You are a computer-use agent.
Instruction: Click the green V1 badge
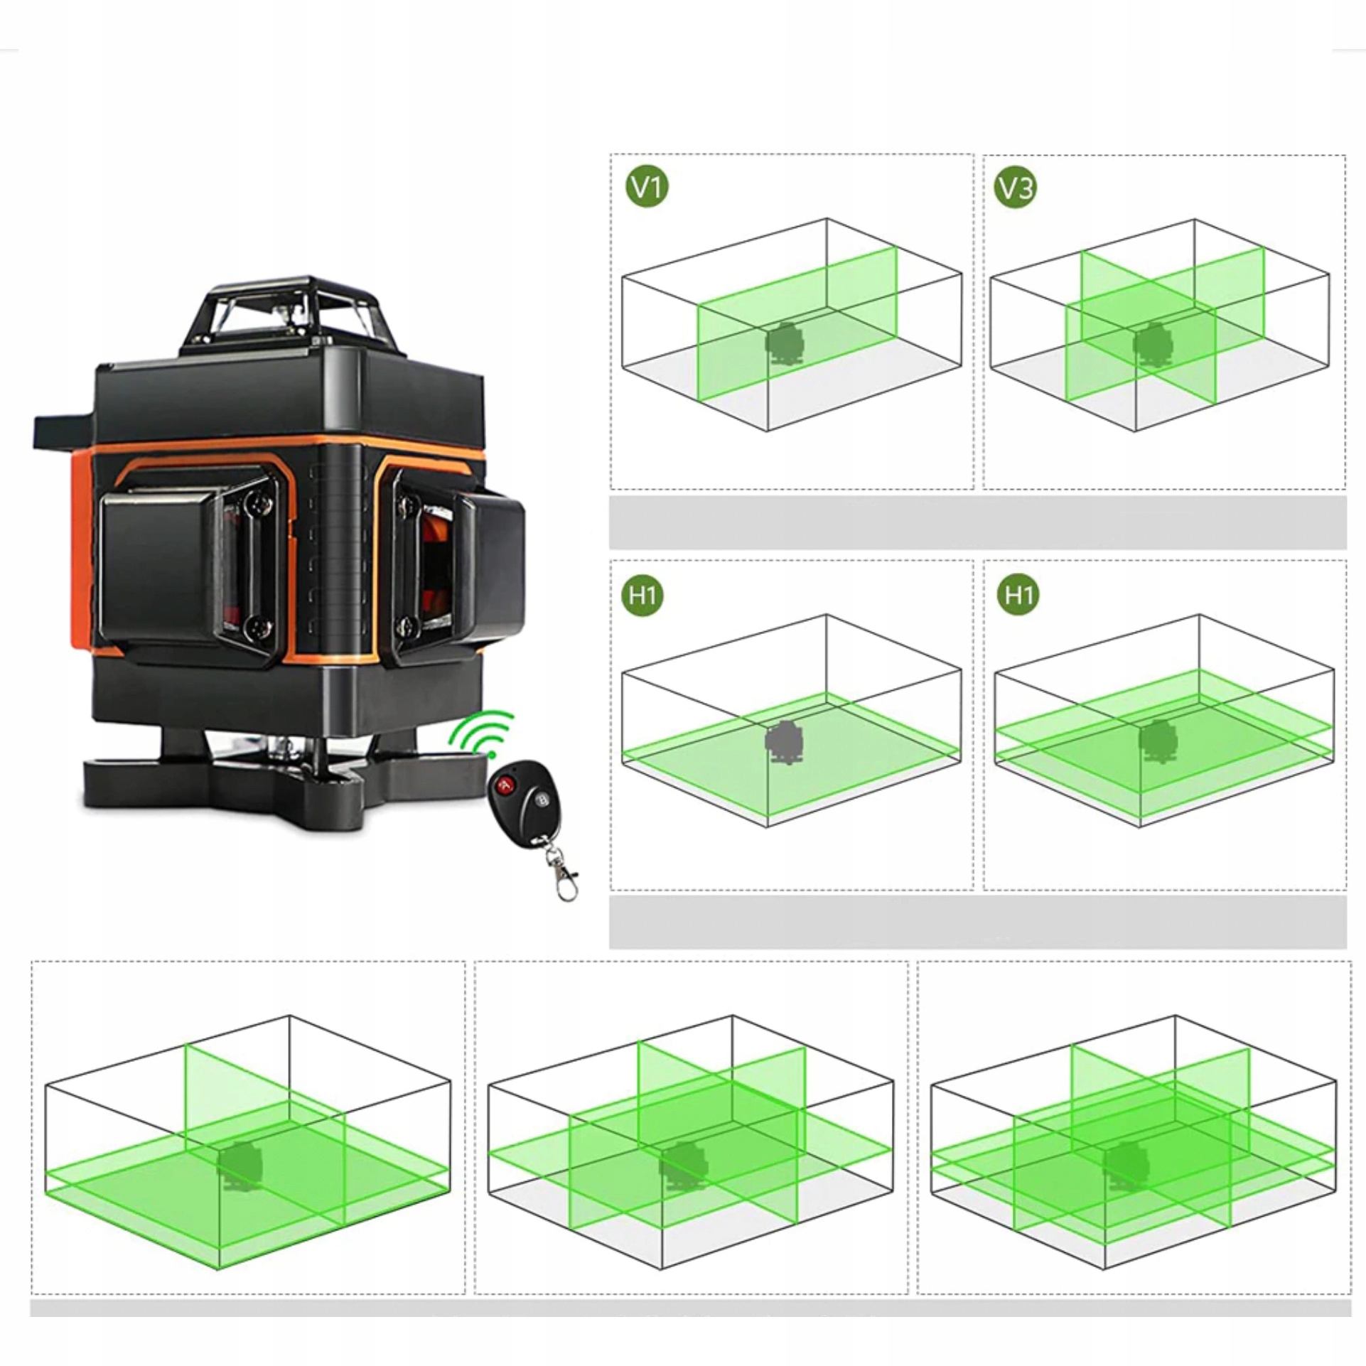point(647,187)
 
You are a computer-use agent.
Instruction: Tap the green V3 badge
point(1016,187)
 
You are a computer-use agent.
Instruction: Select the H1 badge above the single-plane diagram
point(642,594)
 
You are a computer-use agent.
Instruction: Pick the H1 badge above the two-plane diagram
point(1018,594)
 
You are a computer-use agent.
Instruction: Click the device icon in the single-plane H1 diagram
point(783,742)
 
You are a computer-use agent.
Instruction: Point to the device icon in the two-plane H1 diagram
point(1157,741)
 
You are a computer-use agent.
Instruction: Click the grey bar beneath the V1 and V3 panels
point(977,522)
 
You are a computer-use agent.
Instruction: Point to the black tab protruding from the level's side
point(64,430)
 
